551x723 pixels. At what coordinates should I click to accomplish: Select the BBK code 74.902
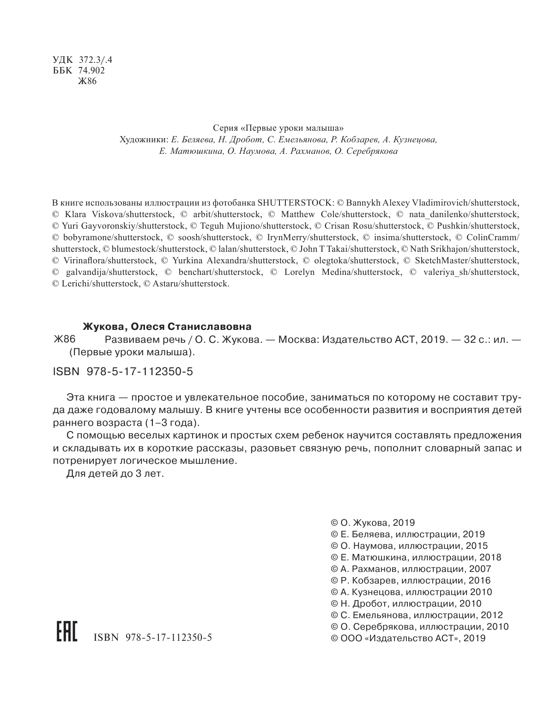coord(91,71)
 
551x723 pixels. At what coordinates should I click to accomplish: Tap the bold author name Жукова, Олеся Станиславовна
coord(167,327)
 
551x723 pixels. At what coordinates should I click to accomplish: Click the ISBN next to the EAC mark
coord(152,638)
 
